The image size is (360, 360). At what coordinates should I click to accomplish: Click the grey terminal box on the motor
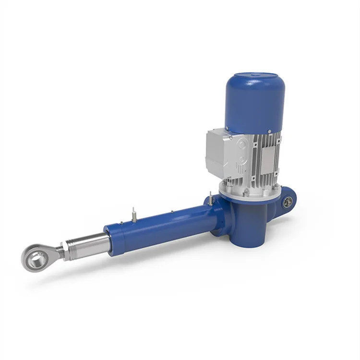219,151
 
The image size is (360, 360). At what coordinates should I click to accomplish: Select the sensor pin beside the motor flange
210,198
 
